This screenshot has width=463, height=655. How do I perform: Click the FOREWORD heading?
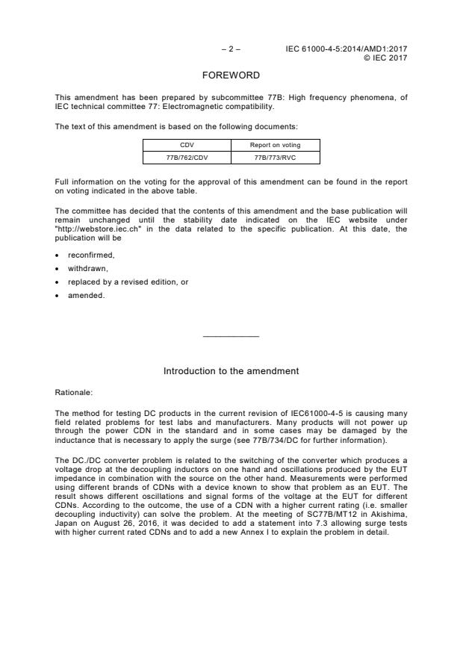(231, 75)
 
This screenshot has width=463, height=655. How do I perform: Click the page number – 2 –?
(231, 49)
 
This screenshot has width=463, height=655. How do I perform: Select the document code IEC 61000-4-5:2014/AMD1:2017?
(347, 49)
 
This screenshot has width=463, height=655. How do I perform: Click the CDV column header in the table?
(187, 145)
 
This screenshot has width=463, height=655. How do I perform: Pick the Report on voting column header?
(275, 145)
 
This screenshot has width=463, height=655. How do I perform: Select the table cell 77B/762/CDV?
(187, 158)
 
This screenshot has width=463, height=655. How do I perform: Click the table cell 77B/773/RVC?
(275, 158)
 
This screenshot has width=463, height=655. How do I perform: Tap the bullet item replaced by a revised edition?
(117, 282)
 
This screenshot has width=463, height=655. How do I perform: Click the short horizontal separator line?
(231, 337)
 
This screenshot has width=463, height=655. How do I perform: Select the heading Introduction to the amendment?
(231, 370)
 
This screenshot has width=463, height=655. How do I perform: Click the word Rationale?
(73, 391)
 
